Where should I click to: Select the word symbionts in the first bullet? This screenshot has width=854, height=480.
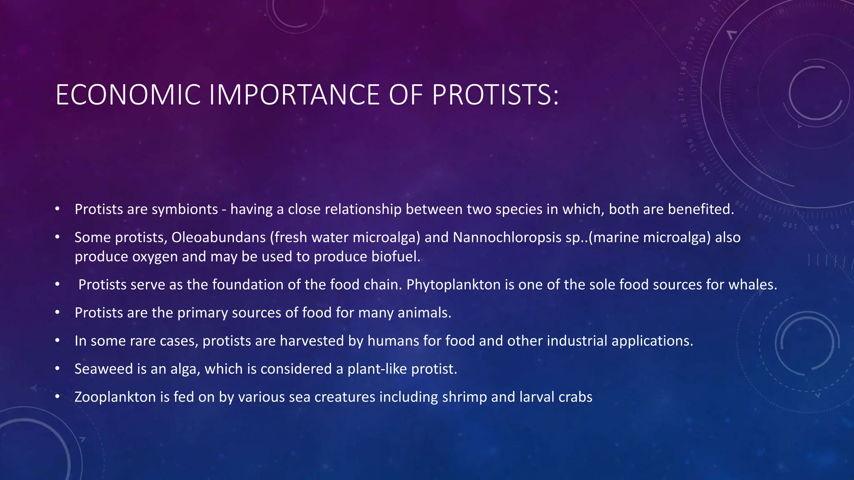[185, 209]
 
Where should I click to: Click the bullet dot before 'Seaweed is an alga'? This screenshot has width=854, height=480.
[58, 369]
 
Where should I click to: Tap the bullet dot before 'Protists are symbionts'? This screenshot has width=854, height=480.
[58, 209]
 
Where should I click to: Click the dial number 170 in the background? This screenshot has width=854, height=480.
[681, 94]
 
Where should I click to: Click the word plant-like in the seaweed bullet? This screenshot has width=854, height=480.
[377, 369]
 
